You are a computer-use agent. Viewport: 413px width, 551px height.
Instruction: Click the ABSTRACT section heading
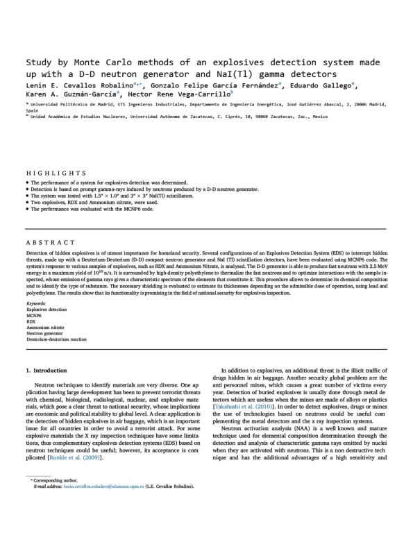point(51,243)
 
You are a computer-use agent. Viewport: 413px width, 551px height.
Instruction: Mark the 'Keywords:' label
point(36,303)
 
